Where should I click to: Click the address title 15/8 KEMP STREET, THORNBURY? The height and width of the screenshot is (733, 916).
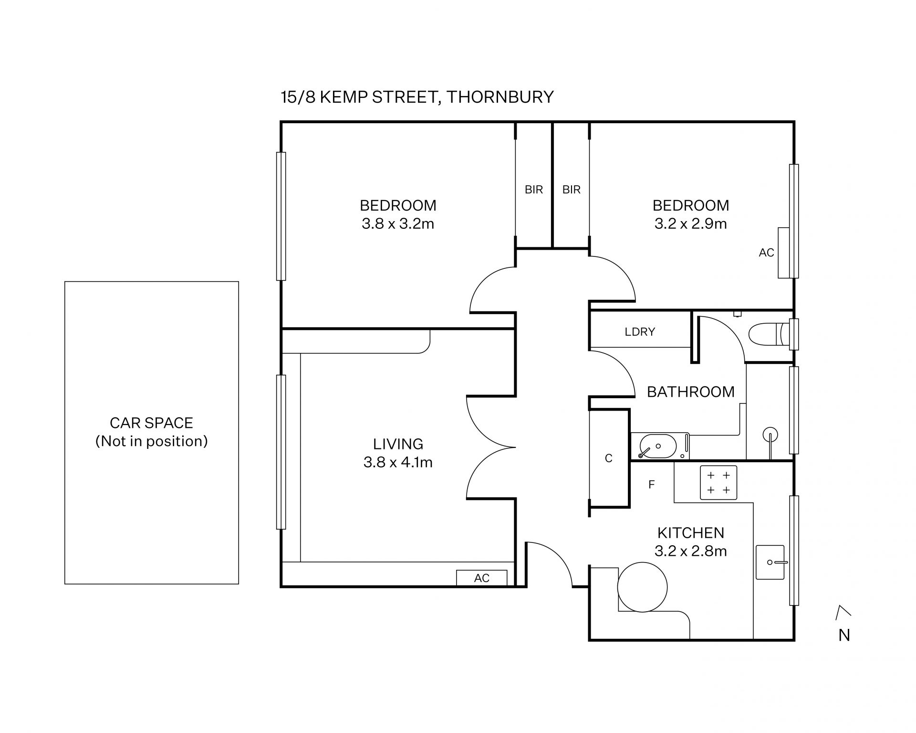pos(417,97)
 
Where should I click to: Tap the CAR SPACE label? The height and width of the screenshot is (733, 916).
pos(151,423)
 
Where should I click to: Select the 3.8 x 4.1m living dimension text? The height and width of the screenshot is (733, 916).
pos(398,462)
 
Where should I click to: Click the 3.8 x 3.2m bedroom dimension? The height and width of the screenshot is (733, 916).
pos(398,223)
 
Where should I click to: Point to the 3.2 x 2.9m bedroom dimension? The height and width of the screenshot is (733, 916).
pos(690,223)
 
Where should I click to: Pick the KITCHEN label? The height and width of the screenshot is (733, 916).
pos(690,532)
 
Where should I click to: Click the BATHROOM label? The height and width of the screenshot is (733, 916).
pos(690,392)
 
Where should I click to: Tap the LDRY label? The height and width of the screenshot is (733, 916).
pos(640,331)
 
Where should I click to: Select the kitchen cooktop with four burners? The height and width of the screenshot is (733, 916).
pos(718,482)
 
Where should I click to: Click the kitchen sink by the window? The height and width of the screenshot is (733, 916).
pos(770,562)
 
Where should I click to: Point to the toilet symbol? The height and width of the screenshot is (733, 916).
pos(770,334)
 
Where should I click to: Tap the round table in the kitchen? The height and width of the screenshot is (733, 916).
pos(642,587)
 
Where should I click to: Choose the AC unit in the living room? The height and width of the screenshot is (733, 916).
pos(481,578)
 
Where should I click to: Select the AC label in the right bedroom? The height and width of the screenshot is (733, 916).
pos(766,253)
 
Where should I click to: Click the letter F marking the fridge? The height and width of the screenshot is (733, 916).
pos(651,485)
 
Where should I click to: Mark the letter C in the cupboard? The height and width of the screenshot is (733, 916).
pos(608,458)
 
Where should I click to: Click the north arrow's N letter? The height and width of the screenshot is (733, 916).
pos(844,635)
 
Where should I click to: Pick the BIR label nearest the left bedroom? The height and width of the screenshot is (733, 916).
pos(533,190)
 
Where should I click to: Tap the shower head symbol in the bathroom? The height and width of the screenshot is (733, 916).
pos(770,435)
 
